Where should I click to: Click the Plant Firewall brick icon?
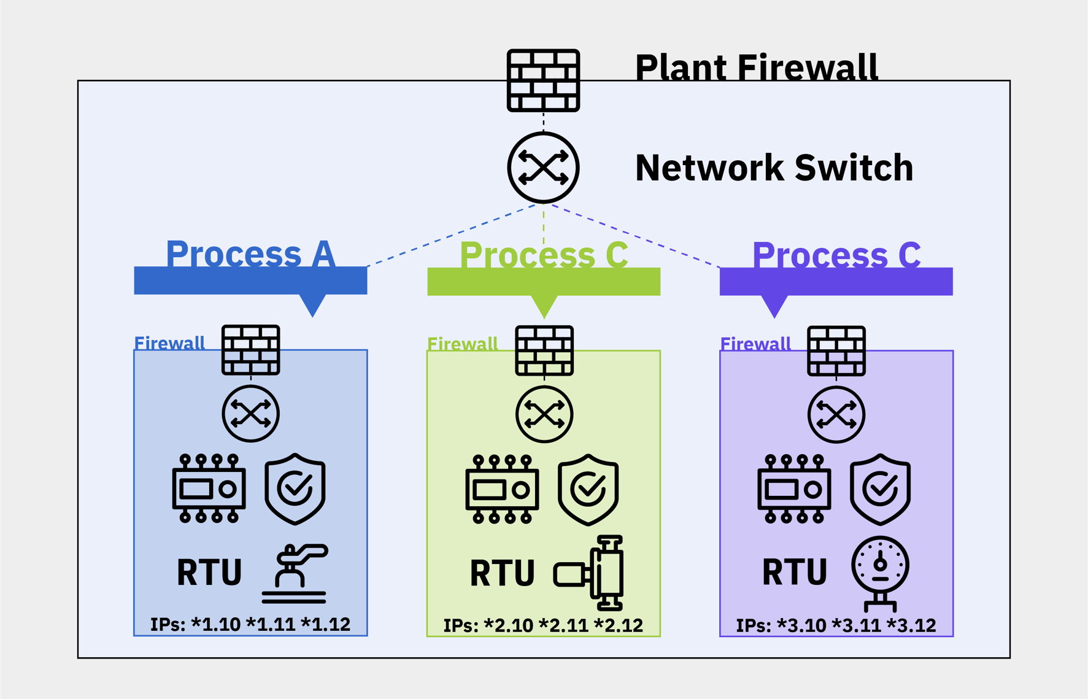(543, 80)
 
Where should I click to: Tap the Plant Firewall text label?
(756, 67)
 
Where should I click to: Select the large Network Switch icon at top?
(543, 167)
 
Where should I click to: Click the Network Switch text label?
(774, 168)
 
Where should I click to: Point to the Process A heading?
(250, 253)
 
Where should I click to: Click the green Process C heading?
(544, 254)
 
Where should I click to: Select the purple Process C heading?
(836, 254)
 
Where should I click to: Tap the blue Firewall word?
(169, 343)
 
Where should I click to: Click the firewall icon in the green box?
(544, 350)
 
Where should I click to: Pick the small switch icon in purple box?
(836, 414)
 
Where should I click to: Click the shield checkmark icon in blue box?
(295, 489)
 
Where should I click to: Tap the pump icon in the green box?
(590, 573)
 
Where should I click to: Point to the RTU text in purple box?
(794, 572)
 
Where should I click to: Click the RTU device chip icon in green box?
(502, 489)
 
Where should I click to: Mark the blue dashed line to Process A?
(451, 236)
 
